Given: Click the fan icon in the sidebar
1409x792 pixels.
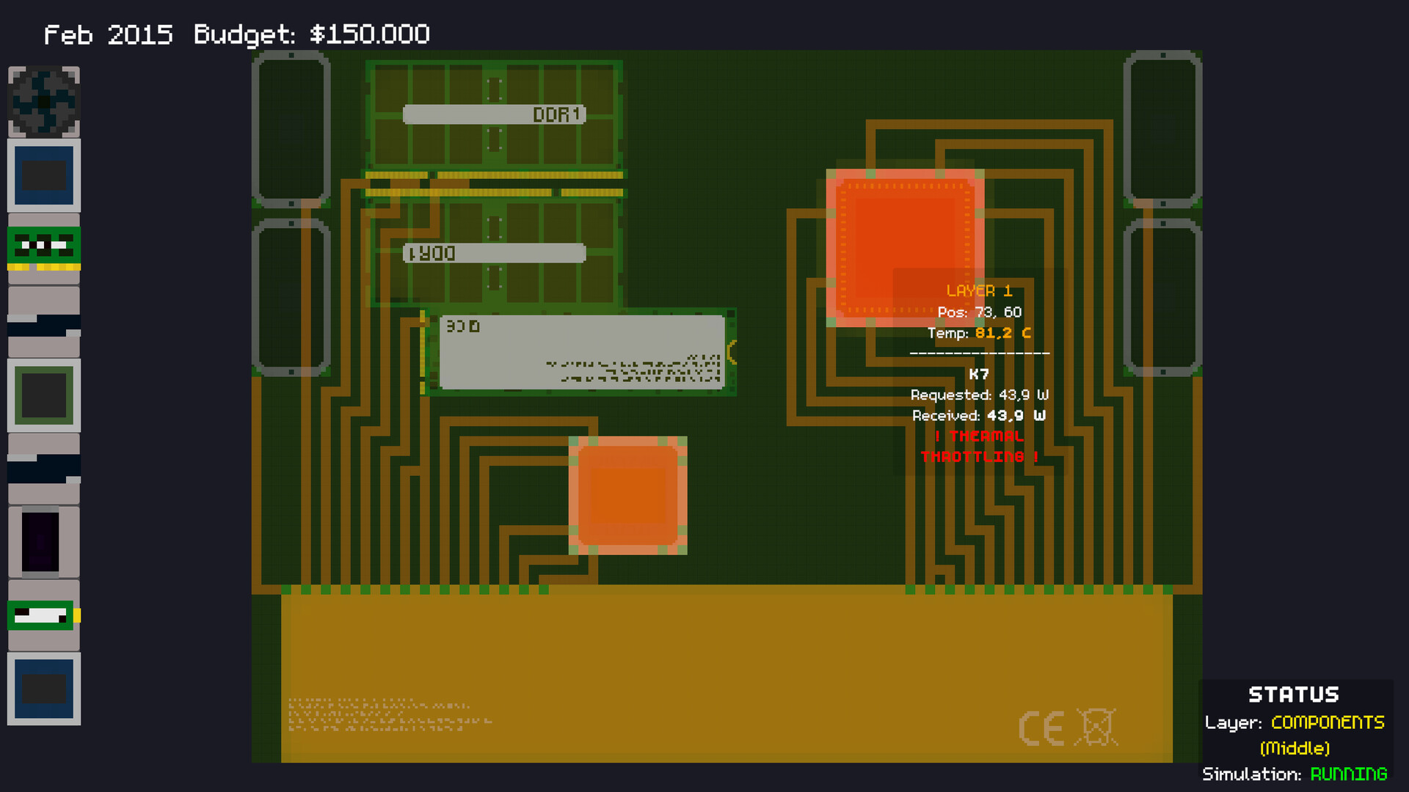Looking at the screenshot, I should coord(44,102).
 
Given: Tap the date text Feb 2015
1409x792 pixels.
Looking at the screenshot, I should coord(108,34).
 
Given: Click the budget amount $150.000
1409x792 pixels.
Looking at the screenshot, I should coord(369,34).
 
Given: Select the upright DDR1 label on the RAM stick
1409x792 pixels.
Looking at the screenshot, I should coord(556,114).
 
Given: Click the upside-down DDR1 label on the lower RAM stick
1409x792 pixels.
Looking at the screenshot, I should coord(432,254).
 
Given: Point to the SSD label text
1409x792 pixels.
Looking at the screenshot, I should coord(462,326).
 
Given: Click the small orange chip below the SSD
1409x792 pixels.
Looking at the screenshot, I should coord(627,495).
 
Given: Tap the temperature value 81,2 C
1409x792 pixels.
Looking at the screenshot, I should coord(1002,333).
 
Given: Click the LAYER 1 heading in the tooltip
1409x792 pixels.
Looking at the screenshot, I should coord(979,291).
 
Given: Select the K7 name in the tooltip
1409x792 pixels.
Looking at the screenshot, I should coord(979,374).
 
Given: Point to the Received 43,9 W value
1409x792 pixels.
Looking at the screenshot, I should coord(1016,416).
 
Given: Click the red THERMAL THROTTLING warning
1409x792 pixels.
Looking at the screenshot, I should coord(979,446).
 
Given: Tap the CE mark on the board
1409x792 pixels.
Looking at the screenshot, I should coord(1041,728).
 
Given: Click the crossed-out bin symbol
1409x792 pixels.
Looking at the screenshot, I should coord(1096,727).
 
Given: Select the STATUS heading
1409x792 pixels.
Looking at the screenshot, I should coord(1293,694).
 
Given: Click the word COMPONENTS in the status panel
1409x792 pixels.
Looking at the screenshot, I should coord(1328,722).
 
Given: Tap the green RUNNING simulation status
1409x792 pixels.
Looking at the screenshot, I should coord(1348,774).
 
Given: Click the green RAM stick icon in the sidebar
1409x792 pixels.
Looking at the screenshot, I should coord(44,248).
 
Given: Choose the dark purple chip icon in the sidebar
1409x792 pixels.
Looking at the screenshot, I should coord(41,542).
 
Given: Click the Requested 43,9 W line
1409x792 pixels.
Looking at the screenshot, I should coord(979,395).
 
